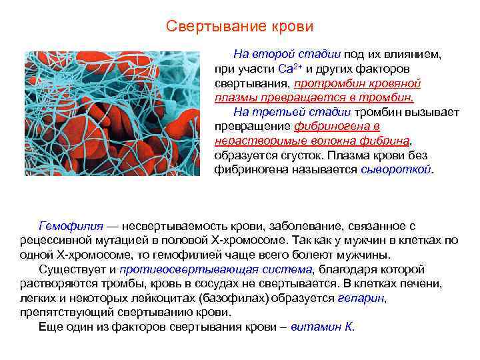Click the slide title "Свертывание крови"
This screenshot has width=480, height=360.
click(x=239, y=27)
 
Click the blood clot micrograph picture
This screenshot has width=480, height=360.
click(x=112, y=113)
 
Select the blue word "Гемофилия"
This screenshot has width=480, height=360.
click(x=67, y=227)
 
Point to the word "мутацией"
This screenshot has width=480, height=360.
click(x=121, y=241)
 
